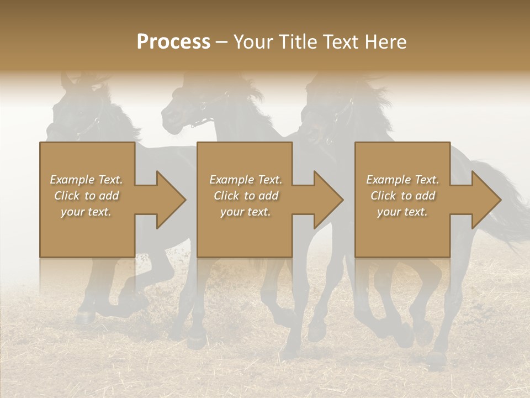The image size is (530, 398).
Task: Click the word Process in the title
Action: tap(173, 42)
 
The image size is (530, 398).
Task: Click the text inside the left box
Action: tap(86, 196)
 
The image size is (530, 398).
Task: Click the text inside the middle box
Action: tap(246, 196)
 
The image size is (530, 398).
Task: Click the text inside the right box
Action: tap(402, 196)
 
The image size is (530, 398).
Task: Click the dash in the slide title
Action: tap(222, 42)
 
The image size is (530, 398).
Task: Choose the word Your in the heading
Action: tap(252, 42)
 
